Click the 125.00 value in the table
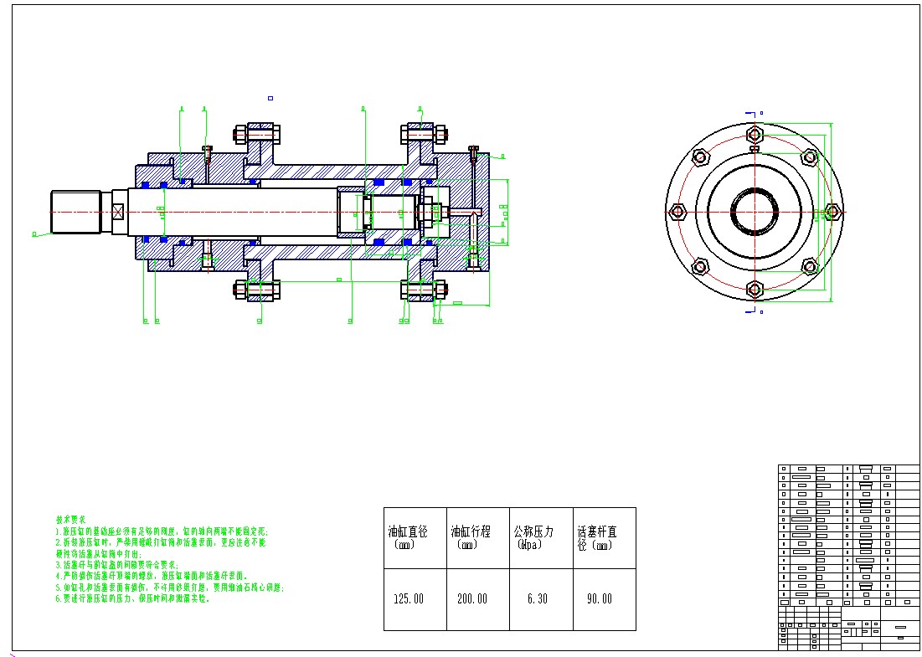[x=409, y=599]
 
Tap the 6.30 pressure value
[x=536, y=599]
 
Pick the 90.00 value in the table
[x=599, y=599]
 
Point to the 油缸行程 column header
[x=471, y=532]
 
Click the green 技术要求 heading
[x=70, y=520]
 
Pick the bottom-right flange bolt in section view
[x=424, y=290]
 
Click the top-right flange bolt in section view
[x=424, y=133]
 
